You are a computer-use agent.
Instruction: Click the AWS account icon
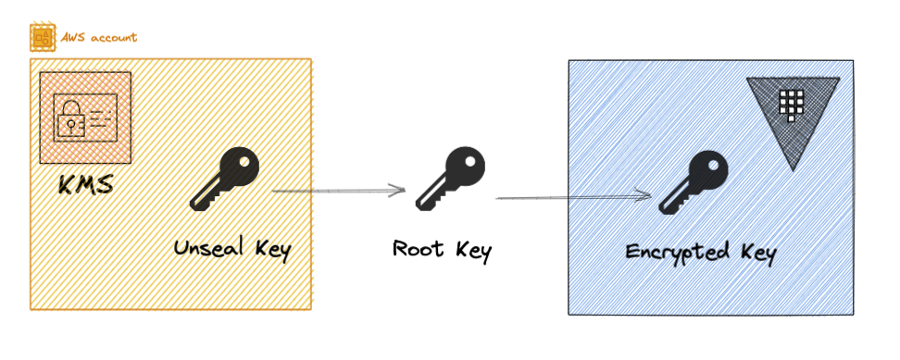pos(43,38)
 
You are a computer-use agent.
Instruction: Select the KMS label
pos(85,184)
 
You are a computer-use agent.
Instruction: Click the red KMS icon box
pos(85,118)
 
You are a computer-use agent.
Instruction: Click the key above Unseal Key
pos(225,180)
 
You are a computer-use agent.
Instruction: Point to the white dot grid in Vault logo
pos(790,105)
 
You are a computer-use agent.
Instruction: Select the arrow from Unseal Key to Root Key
pos(339,192)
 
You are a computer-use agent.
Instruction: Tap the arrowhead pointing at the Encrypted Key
pos(645,194)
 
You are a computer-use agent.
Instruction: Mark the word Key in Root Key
pos(471,249)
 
